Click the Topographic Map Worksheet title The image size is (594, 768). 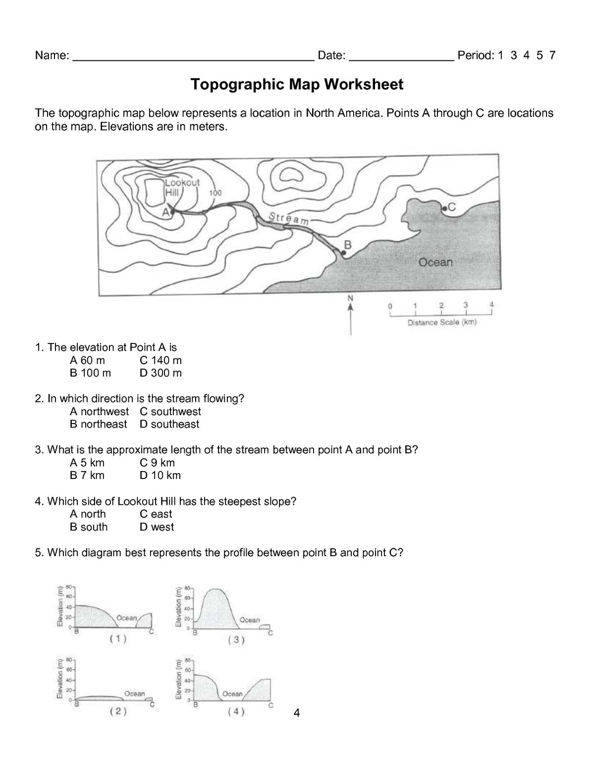[297, 85]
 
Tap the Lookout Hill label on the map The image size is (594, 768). [182, 187]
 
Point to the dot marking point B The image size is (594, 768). [343, 253]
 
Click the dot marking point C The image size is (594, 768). [444, 209]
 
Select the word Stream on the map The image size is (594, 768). [288, 219]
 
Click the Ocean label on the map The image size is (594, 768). [435, 262]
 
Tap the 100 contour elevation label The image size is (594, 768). [215, 193]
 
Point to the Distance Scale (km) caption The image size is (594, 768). [441, 323]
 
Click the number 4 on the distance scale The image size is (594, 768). [491, 304]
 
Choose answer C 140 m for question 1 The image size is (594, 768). [161, 360]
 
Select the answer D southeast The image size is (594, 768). [169, 424]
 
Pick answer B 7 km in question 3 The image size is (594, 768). [87, 476]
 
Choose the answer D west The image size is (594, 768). [157, 527]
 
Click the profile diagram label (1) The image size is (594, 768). [118, 639]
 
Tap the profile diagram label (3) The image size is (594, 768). [236, 640]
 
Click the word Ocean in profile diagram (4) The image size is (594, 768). [232, 694]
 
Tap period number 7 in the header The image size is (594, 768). [552, 55]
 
